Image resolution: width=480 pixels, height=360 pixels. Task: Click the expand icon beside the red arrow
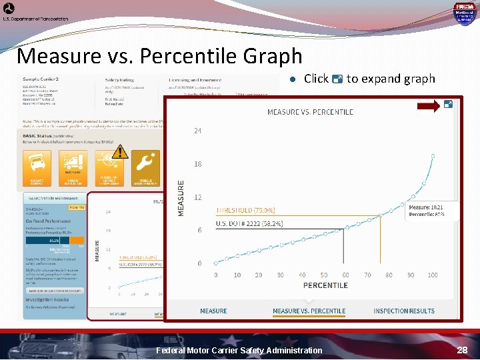449,104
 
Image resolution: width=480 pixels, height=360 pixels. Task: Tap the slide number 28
462,350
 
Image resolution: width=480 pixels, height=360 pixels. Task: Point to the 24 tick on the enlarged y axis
197,131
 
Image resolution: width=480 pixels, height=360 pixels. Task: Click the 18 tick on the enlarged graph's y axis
197,164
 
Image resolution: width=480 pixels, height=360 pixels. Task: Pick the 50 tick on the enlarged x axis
324,275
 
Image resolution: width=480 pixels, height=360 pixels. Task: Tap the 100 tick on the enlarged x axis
433,275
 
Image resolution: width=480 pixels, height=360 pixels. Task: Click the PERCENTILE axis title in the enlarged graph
325,285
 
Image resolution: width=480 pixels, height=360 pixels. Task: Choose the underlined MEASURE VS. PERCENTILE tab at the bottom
309,311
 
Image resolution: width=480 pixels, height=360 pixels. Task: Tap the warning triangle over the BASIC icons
119,151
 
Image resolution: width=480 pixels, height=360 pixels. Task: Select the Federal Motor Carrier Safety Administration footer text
239,350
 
